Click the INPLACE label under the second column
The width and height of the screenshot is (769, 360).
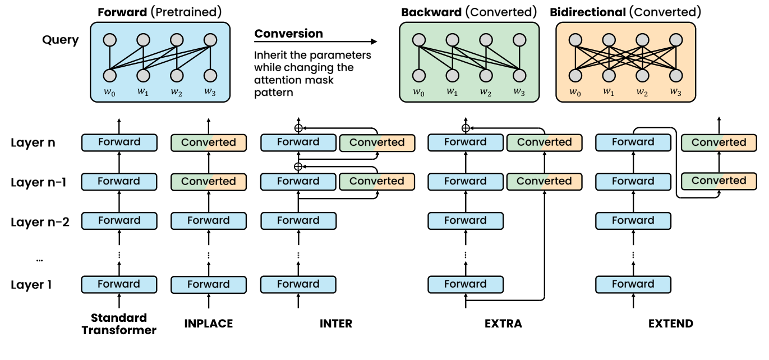208,324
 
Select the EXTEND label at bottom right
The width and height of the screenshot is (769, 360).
670,324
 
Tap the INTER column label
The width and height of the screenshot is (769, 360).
336,324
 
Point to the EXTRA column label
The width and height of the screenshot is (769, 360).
503,324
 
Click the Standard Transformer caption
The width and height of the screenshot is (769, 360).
118,324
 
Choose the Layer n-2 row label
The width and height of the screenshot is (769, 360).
40,221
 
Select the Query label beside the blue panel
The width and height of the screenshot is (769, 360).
60,40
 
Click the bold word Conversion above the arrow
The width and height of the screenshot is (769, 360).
288,34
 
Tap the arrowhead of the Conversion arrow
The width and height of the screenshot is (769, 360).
374,41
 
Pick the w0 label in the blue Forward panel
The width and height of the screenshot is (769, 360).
109,92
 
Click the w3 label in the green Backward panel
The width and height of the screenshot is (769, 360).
518,92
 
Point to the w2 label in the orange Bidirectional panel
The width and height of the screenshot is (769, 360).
642,92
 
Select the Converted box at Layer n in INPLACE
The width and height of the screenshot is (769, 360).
208,142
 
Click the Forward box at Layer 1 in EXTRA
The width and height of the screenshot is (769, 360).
465,284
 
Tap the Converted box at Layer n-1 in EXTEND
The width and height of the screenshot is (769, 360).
719,181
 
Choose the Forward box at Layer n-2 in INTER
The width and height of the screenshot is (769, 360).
298,220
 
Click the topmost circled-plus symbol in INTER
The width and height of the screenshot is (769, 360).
298,127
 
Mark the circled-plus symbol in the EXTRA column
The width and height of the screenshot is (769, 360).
465,127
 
